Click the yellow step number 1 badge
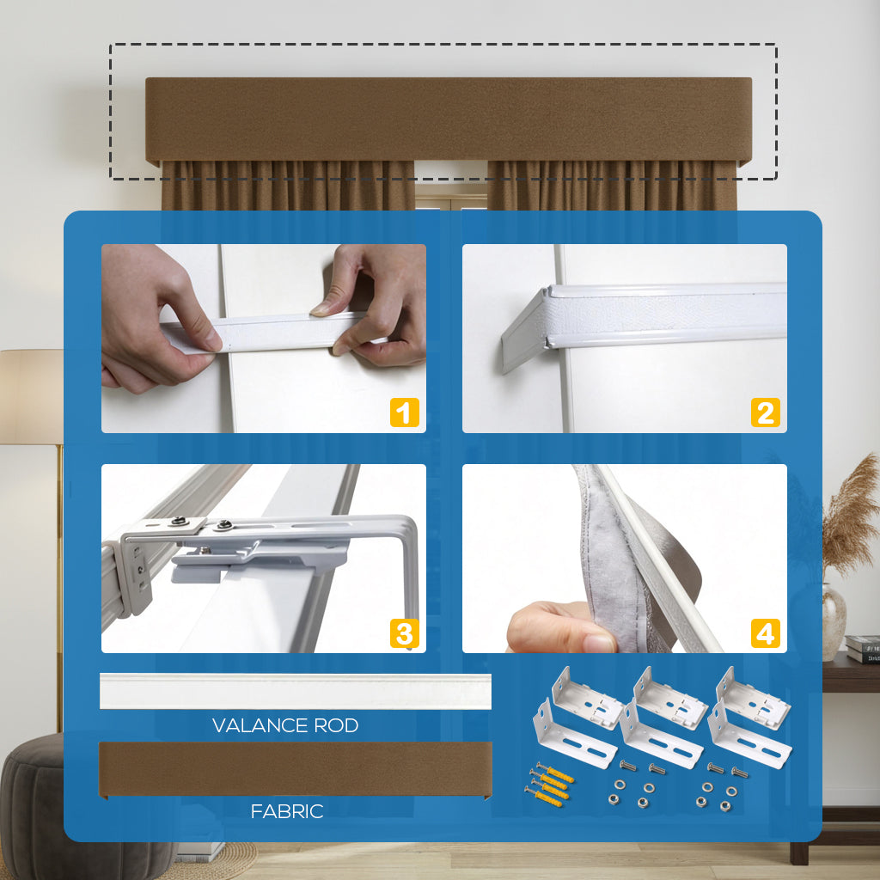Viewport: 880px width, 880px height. point(404,412)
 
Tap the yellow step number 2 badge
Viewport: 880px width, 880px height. point(766,412)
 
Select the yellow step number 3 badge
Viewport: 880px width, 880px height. point(404,633)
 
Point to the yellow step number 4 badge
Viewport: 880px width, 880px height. point(766,633)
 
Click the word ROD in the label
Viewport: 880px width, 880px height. point(336,725)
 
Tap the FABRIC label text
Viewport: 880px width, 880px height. point(287,811)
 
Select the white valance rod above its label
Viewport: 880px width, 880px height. point(296,692)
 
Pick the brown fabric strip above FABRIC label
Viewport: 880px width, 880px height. point(296,769)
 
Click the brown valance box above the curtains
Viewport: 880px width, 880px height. point(449,120)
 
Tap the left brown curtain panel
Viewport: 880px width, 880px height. point(288,186)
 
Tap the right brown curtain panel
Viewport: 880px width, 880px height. point(612,186)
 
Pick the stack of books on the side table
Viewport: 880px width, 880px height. point(863,649)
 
